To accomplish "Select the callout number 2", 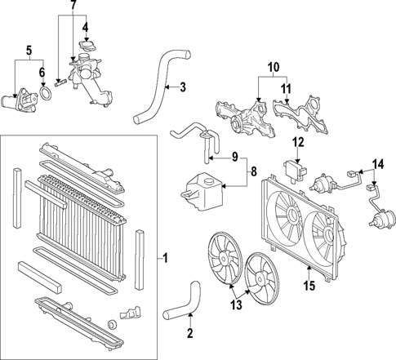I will click(191, 332).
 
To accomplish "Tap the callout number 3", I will click(183, 86).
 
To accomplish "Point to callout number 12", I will click(297, 142).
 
